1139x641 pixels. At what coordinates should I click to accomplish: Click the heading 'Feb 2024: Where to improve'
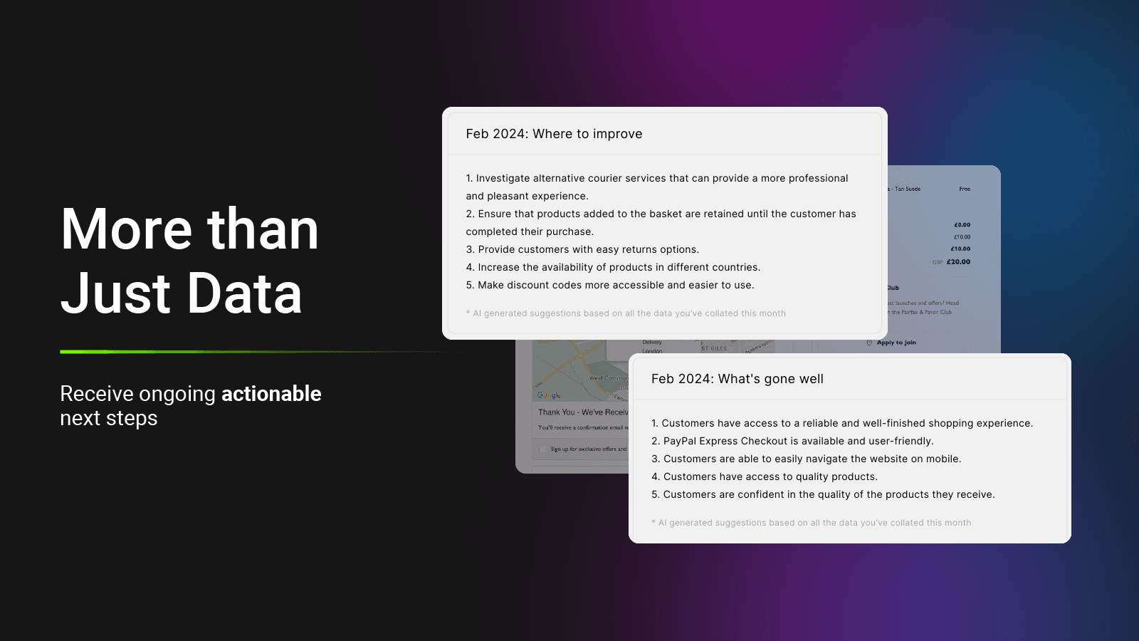coord(554,134)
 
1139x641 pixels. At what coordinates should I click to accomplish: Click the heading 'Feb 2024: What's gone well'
coord(737,379)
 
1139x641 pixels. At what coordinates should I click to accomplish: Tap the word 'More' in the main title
coord(127,229)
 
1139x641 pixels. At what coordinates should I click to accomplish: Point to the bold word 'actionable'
coord(271,394)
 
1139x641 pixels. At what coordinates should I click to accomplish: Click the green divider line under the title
coord(214,352)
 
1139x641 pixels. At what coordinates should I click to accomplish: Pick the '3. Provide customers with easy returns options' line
coord(582,249)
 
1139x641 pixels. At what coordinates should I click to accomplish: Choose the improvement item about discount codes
coord(610,285)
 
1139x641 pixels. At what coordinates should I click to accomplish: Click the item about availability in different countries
coord(613,267)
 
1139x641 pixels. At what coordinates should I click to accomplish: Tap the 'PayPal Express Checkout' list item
coord(792,441)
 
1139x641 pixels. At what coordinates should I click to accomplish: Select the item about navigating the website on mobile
coord(806,459)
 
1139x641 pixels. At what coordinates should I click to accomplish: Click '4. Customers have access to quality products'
coord(765,476)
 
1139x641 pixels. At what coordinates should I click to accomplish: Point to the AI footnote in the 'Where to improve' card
coord(626,313)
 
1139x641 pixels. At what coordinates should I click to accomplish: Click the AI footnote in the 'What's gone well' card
coord(811,523)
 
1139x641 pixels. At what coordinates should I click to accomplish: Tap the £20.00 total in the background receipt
coord(958,262)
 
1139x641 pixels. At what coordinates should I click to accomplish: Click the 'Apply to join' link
coord(896,343)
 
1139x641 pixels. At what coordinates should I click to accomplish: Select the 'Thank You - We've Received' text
coord(582,412)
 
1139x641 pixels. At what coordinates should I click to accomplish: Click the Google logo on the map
coord(548,395)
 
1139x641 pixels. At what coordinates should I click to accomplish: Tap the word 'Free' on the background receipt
coord(965,189)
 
